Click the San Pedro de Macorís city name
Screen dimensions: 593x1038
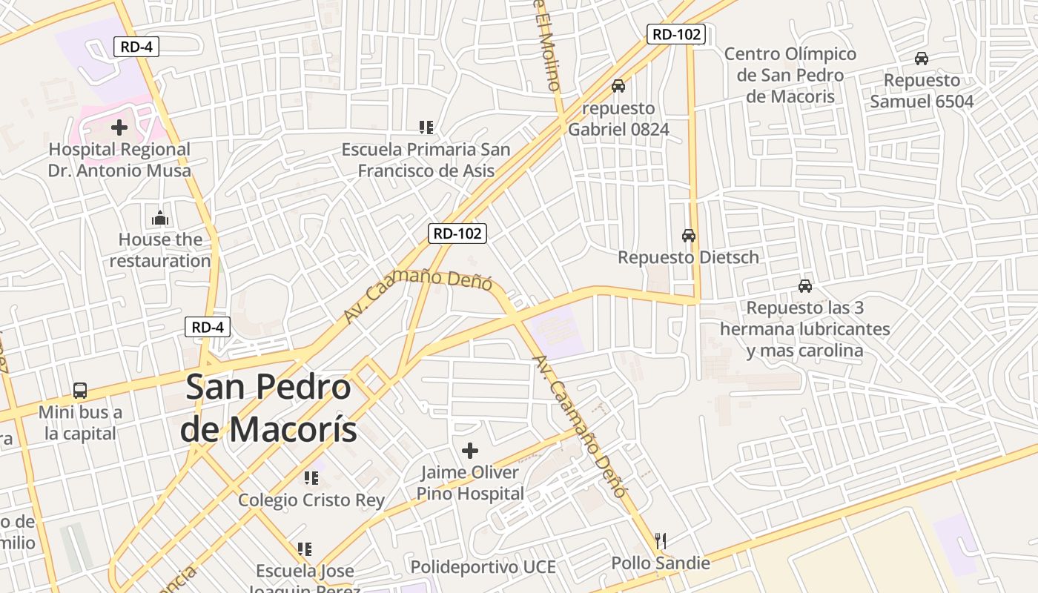point(268,408)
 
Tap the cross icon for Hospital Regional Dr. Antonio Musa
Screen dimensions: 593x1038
point(119,127)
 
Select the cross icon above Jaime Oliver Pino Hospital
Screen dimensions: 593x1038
point(469,450)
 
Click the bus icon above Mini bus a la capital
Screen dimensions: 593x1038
point(79,391)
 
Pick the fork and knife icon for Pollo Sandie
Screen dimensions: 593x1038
point(661,540)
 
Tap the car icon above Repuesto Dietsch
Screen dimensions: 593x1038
point(689,236)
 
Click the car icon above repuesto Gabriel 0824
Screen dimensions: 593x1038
point(618,86)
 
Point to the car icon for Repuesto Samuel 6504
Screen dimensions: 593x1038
point(922,59)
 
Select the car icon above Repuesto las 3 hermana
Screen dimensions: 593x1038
point(805,285)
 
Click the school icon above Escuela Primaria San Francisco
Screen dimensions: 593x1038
point(426,127)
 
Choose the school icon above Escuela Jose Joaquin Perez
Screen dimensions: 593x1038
point(304,549)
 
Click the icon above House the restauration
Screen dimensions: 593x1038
point(160,218)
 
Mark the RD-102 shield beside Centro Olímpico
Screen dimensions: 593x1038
point(675,33)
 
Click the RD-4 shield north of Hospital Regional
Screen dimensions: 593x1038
point(137,47)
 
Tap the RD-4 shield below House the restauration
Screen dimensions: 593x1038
point(208,327)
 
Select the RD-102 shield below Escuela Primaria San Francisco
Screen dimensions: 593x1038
point(457,233)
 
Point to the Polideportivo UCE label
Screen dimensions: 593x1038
point(483,567)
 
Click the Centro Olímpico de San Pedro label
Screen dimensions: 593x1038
point(790,75)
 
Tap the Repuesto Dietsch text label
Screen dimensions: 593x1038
point(688,257)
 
